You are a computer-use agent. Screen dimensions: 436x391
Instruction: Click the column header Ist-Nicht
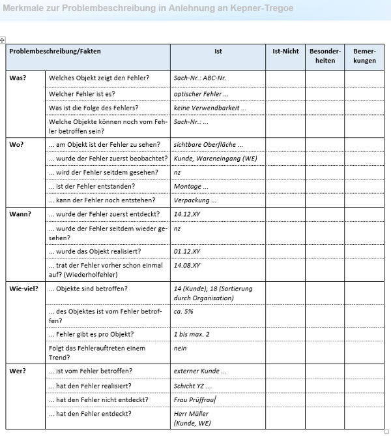click(x=285, y=51)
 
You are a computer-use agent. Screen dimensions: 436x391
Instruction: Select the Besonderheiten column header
click(x=325, y=55)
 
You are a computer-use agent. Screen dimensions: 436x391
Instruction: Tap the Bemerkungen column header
click(x=364, y=55)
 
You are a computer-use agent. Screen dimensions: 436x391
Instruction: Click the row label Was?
click(x=18, y=78)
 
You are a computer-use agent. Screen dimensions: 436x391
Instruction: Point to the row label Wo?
click(x=16, y=144)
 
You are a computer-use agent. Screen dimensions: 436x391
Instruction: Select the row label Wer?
click(x=18, y=371)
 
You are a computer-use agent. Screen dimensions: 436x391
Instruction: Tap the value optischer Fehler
click(x=201, y=94)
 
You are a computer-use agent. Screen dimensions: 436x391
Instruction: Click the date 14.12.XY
click(x=187, y=213)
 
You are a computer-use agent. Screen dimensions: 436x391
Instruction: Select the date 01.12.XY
click(x=187, y=251)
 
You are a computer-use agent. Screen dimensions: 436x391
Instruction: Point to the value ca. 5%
click(x=184, y=312)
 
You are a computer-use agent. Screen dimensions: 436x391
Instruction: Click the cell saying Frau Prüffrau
click(x=194, y=399)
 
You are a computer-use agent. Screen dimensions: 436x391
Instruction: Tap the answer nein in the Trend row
click(x=181, y=349)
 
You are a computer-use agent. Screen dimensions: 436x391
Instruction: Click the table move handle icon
click(x=3, y=40)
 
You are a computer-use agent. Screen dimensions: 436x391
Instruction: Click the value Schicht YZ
click(x=192, y=385)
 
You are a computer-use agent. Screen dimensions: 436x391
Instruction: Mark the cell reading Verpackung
click(x=195, y=200)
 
